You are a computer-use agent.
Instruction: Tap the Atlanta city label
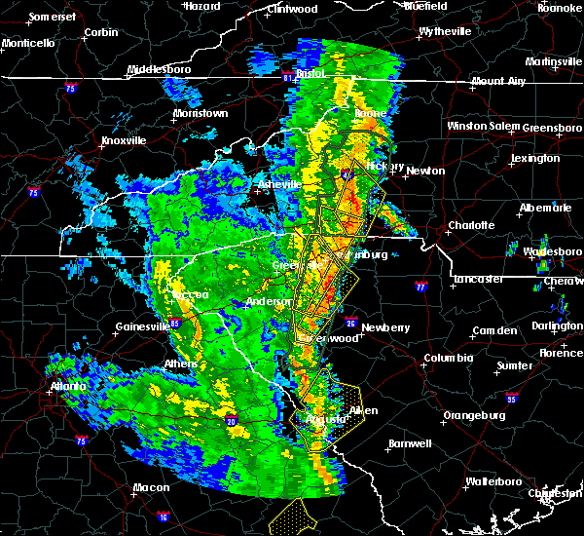pos(65,385)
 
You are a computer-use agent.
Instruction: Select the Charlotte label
pos(471,225)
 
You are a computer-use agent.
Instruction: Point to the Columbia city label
pos(448,359)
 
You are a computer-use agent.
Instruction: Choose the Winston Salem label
pos(484,127)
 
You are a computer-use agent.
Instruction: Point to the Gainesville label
pos(144,327)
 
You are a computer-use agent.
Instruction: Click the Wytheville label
pos(445,31)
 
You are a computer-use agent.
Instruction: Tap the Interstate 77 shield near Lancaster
pos(420,287)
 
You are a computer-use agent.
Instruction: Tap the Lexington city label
pos(535,158)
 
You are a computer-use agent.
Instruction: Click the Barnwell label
pos(410,443)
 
